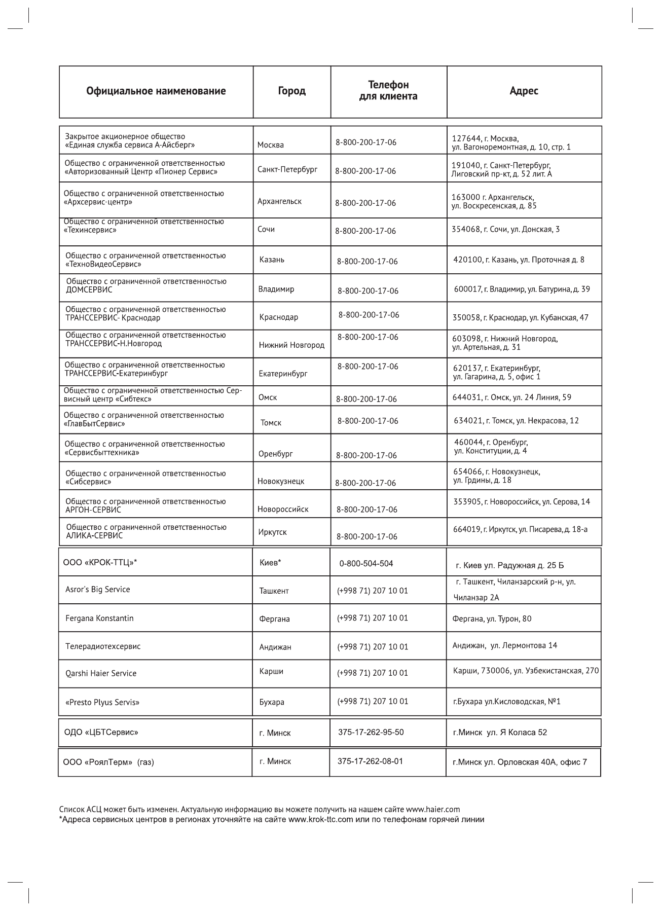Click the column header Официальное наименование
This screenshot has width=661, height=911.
tap(156, 91)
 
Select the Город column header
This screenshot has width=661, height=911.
tap(291, 91)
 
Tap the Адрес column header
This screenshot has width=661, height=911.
tap(524, 91)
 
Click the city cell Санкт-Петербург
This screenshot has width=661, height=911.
tap(287, 169)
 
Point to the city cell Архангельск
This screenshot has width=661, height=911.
tap(279, 201)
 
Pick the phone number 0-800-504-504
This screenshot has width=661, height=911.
tap(366, 564)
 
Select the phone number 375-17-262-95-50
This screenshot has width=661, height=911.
tap(371, 732)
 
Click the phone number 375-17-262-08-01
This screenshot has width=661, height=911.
tap(370, 761)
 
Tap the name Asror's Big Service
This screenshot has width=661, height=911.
tap(97, 590)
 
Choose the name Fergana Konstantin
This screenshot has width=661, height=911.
tap(99, 618)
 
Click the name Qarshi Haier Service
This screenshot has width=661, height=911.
tap(101, 673)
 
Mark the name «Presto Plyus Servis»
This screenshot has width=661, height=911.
tap(102, 702)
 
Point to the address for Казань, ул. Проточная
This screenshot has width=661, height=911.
tap(519, 260)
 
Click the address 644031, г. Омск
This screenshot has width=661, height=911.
tap(511, 397)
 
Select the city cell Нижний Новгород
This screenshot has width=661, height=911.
tap(291, 345)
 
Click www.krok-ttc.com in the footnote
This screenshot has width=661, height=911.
tap(320, 820)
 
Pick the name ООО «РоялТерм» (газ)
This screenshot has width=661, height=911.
tap(108, 762)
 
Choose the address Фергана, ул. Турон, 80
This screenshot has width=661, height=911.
tap(492, 619)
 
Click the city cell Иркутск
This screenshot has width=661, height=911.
tap(273, 532)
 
